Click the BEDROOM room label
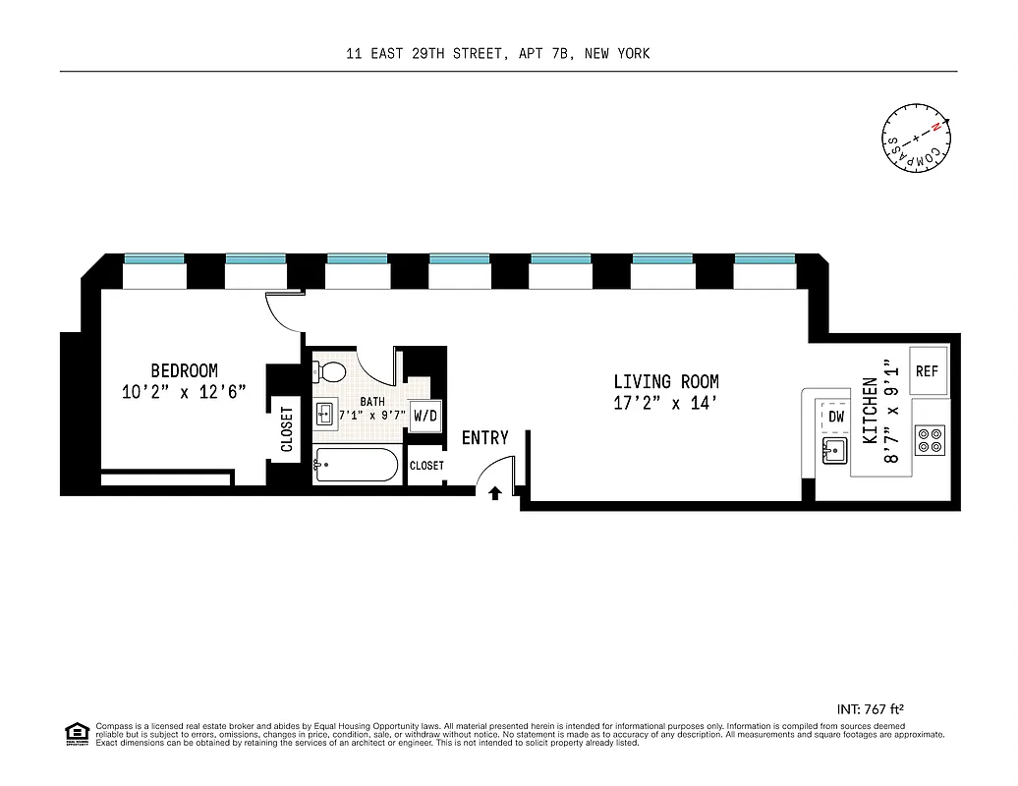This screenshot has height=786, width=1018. tap(184, 370)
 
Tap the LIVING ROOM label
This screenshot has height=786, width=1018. tap(665, 381)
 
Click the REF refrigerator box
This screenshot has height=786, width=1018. tap(928, 371)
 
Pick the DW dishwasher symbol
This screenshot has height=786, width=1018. tap(836, 417)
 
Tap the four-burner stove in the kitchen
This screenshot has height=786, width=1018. tap(930, 439)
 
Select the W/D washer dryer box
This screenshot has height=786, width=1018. tap(424, 416)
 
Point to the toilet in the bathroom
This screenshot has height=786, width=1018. tap(329, 372)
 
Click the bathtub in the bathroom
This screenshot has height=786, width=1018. tap(356, 465)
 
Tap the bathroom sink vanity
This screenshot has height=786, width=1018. tap(326, 414)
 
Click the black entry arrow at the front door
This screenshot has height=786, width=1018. tap(495, 493)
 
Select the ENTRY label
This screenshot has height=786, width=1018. tap(484, 438)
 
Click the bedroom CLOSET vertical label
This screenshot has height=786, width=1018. tap(287, 429)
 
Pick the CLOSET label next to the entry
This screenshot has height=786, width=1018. tap(426, 466)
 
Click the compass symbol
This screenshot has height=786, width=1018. tap(916, 137)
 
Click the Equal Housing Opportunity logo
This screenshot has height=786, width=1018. tap(76, 732)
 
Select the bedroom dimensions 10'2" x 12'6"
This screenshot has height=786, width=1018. tap(184, 391)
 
